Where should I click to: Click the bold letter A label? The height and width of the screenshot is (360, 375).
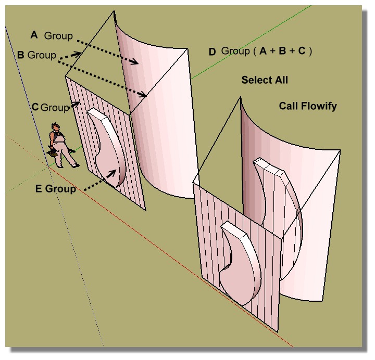[34, 35]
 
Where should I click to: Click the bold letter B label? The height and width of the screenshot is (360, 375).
[21, 54]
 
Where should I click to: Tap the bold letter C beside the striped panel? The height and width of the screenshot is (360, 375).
[35, 107]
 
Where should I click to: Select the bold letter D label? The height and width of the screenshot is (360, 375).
[212, 52]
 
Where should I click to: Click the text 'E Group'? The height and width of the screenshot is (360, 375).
[60, 189]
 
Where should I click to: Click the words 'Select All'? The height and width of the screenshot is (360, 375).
[265, 80]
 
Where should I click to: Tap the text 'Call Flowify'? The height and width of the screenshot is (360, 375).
[308, 106]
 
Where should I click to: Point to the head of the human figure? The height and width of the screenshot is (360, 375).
[55, 127]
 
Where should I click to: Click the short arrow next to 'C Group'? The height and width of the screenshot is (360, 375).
[75, 105]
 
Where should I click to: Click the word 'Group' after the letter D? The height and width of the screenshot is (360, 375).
[235, 51]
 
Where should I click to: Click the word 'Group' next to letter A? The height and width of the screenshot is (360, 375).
[58, 35]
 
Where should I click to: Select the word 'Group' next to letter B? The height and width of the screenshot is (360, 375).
[42, 55]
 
